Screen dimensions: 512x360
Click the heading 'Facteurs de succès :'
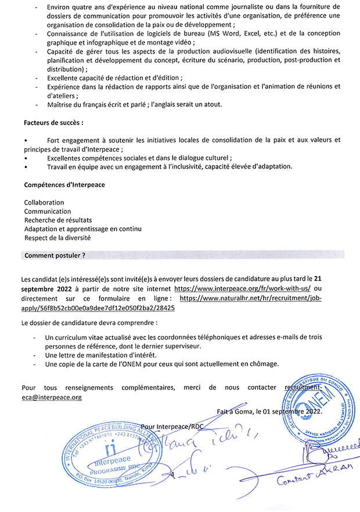click(x=53, y=123)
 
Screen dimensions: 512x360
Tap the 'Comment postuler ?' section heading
click(x=55, y=255)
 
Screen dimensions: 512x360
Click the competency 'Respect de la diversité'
click(x=57, y=238)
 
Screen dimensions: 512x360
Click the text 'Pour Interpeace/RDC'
click(x=172, y=426)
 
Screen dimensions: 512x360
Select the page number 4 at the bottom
click(x=172, y=475)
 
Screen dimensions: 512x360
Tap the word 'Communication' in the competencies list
click(x=48, y=212)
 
